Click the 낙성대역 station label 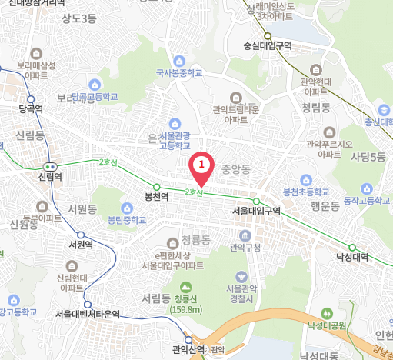(352, 257)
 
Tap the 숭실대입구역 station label (267, 45)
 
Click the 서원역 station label (81, 245)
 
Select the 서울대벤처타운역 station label (88, 314)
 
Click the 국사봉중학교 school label (179, 73)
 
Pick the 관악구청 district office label (245, 247)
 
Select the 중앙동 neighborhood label (237, 167)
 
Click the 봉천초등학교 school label (305, 191)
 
